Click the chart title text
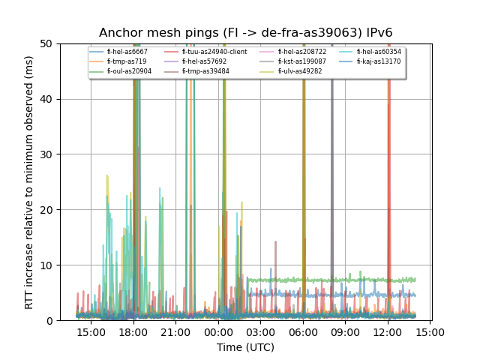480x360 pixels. tap(246, 33)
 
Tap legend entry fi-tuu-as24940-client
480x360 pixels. tap(214, 52)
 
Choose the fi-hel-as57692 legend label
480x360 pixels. tap(204, 61)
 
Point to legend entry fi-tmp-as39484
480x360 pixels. tap(205, 71)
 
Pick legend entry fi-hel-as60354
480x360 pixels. tap(379, 52)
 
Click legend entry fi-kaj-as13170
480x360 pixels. tap(379, 61)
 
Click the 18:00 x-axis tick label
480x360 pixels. tap(133, 332)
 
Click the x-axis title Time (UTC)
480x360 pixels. tap(246, 347)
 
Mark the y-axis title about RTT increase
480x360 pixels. tap(29, 182)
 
